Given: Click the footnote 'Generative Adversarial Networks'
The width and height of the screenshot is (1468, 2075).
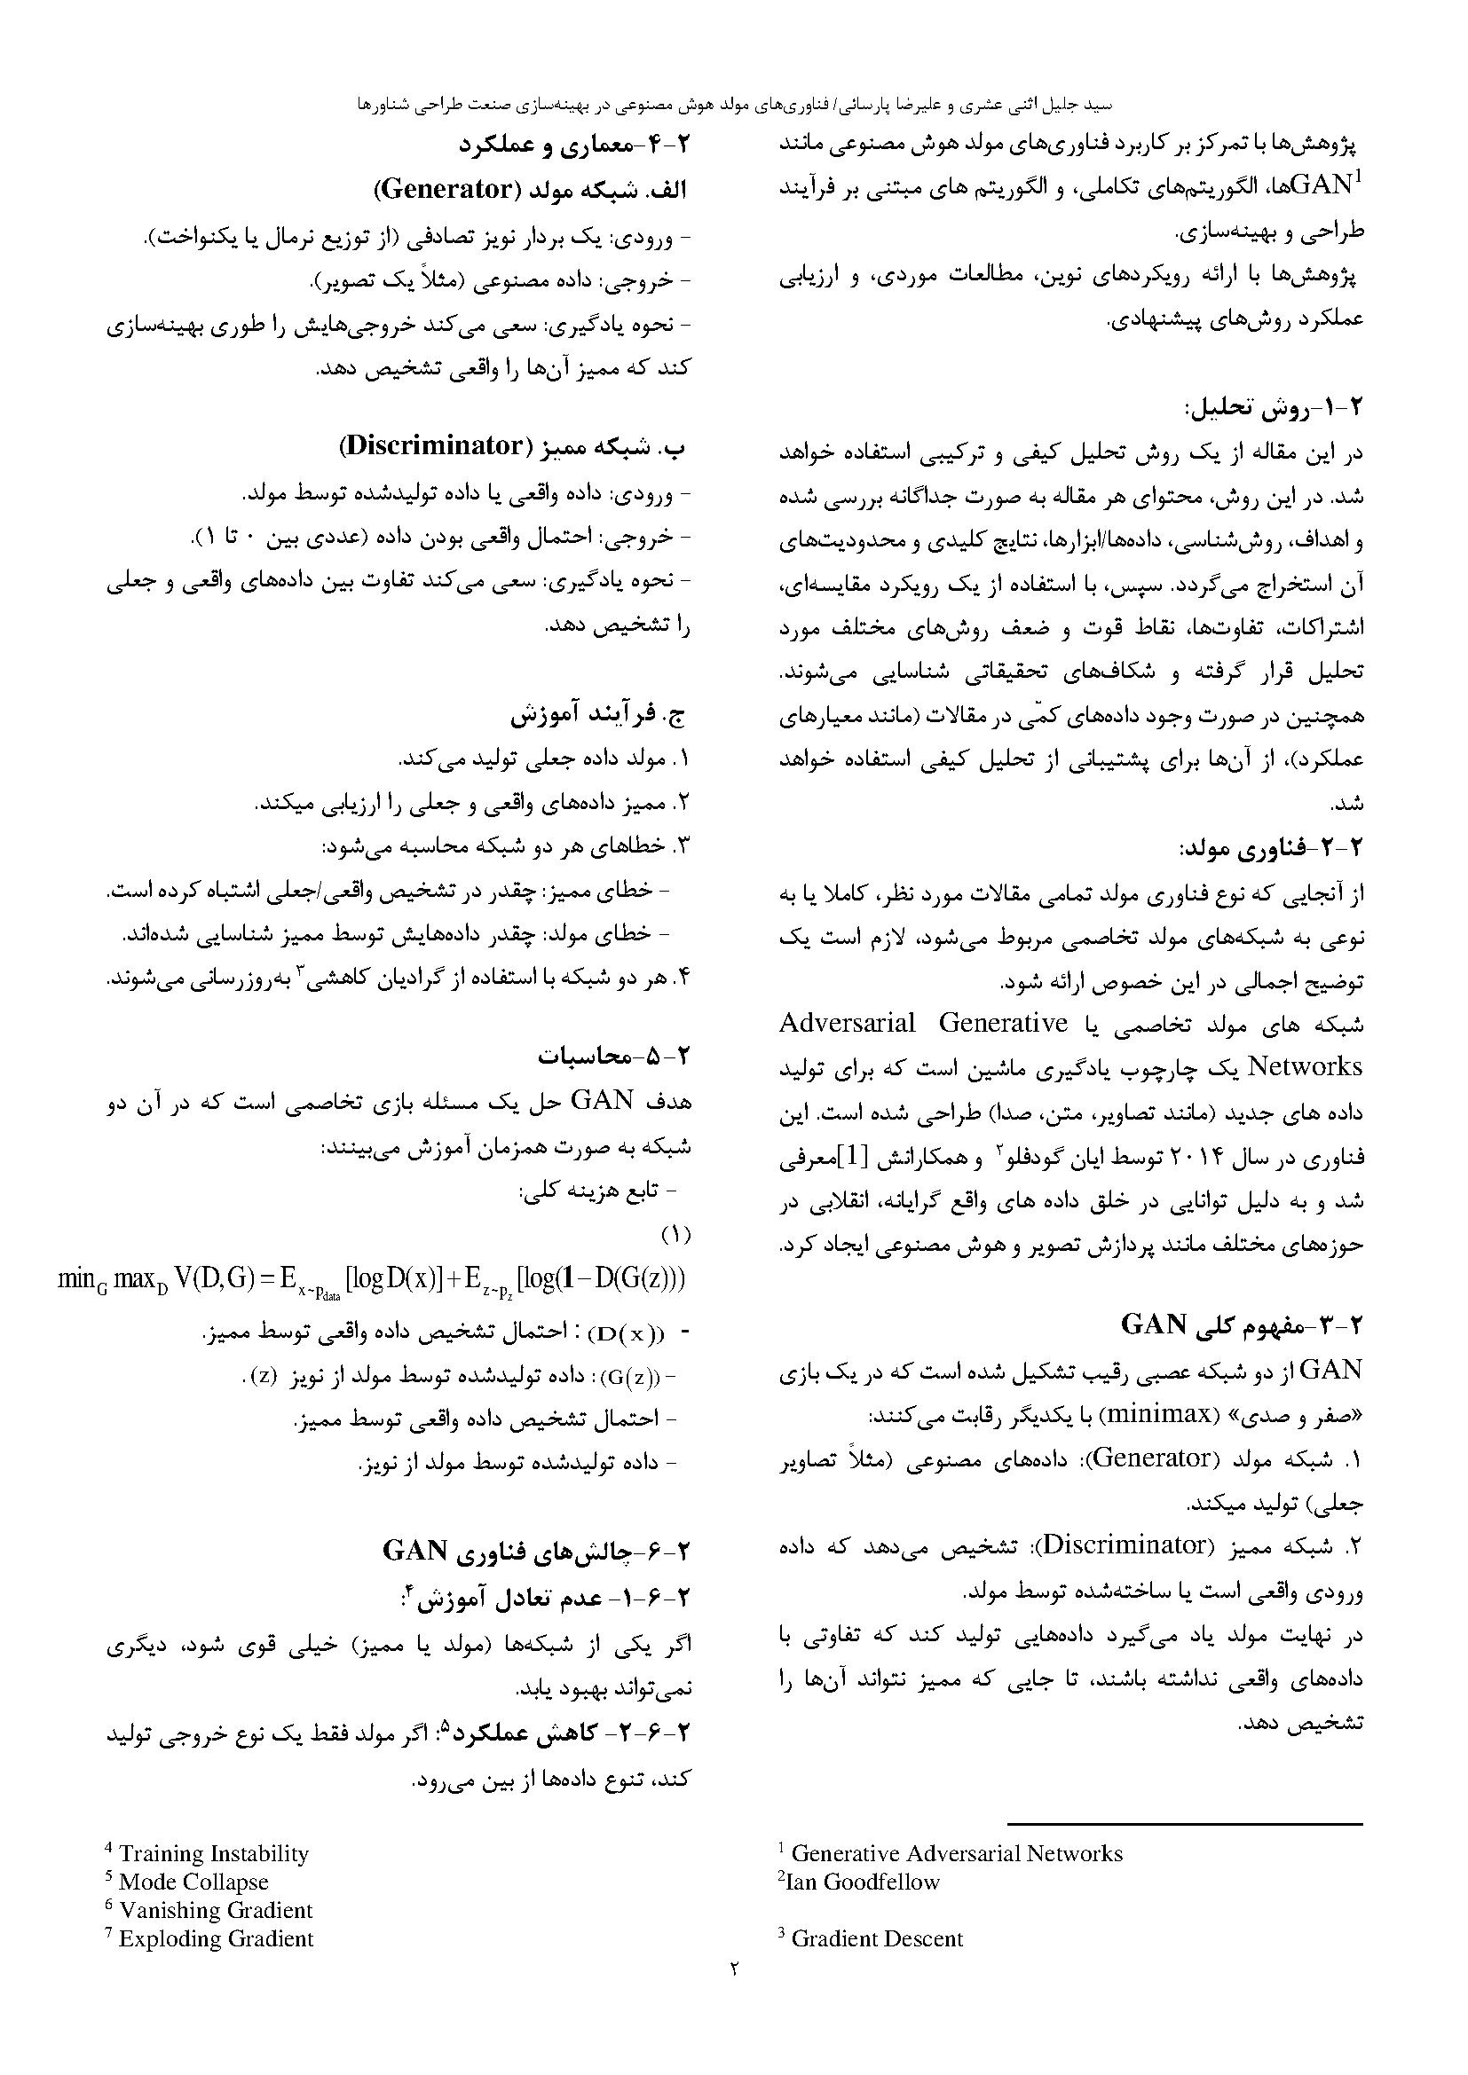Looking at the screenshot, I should tap(957, 1853).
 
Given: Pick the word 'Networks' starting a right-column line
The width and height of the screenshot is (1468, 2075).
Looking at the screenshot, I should tap(1305, 1066).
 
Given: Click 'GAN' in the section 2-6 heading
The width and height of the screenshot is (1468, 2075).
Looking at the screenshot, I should tap(414, 1551).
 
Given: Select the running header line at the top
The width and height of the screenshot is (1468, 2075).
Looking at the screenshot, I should tap(734, 105).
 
